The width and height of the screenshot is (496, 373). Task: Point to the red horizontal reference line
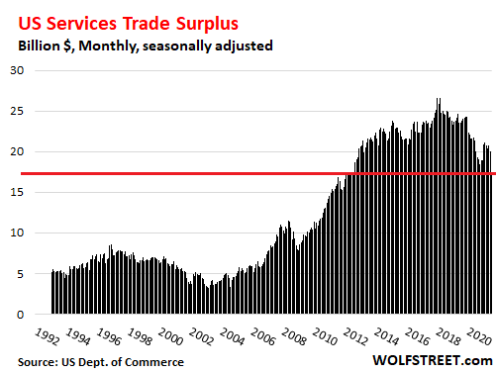point(248,174)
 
